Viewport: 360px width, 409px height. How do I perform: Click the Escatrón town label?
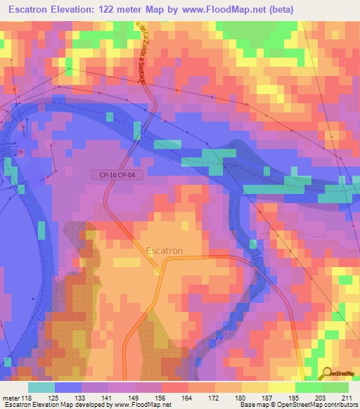point(167,249)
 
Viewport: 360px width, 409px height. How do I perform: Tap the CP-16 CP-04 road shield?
point(117,175)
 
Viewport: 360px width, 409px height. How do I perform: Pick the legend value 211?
point(345,397)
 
